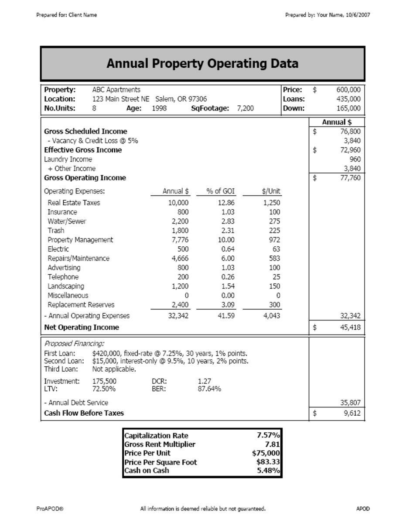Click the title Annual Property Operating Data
202,64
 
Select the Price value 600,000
348,90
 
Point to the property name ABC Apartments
116,90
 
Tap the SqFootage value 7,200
245,108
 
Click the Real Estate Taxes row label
74,203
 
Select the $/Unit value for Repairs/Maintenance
274,259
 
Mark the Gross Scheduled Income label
85,131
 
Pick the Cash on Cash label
147,471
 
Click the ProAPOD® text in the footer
51,509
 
